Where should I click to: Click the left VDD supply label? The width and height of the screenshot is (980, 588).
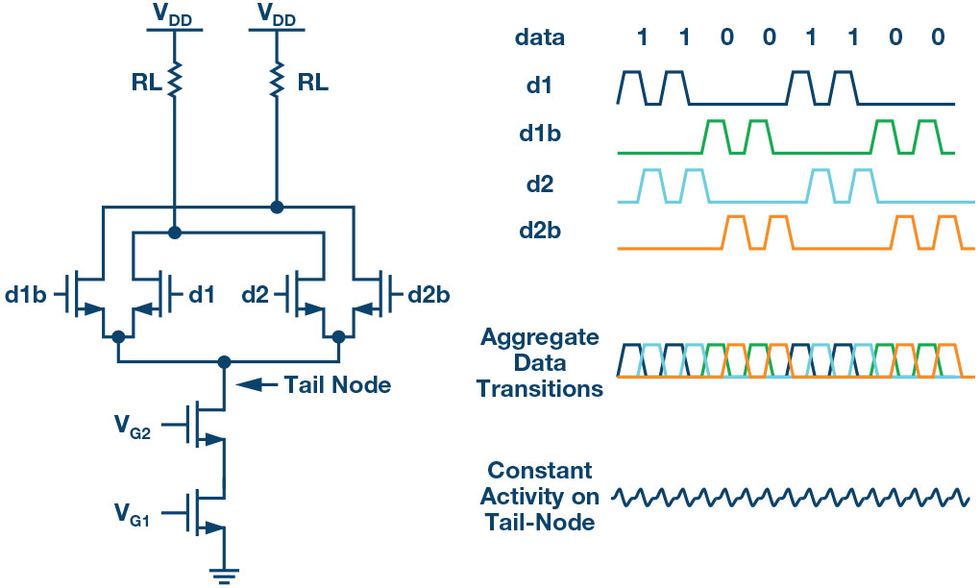pos(174,15)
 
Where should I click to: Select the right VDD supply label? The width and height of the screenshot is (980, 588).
pos(276,15)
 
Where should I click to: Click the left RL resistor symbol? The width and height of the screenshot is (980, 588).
pos(174,82)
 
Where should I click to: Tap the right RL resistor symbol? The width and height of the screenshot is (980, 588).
pos(277,82)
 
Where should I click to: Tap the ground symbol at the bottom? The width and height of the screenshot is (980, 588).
pos(224,575)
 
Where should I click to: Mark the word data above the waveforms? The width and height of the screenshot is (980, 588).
pos(539,38)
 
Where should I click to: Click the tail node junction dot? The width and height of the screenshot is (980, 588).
pos(225,361)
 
